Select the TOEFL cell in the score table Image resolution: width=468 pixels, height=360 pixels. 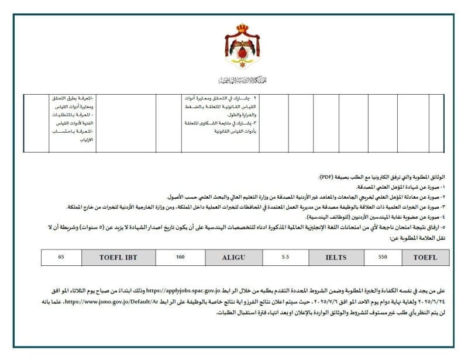[x=425, y=257]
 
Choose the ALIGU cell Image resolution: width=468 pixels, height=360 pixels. [x=233, y=257]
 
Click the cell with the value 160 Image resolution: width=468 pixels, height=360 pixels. [x=180, y=257]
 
